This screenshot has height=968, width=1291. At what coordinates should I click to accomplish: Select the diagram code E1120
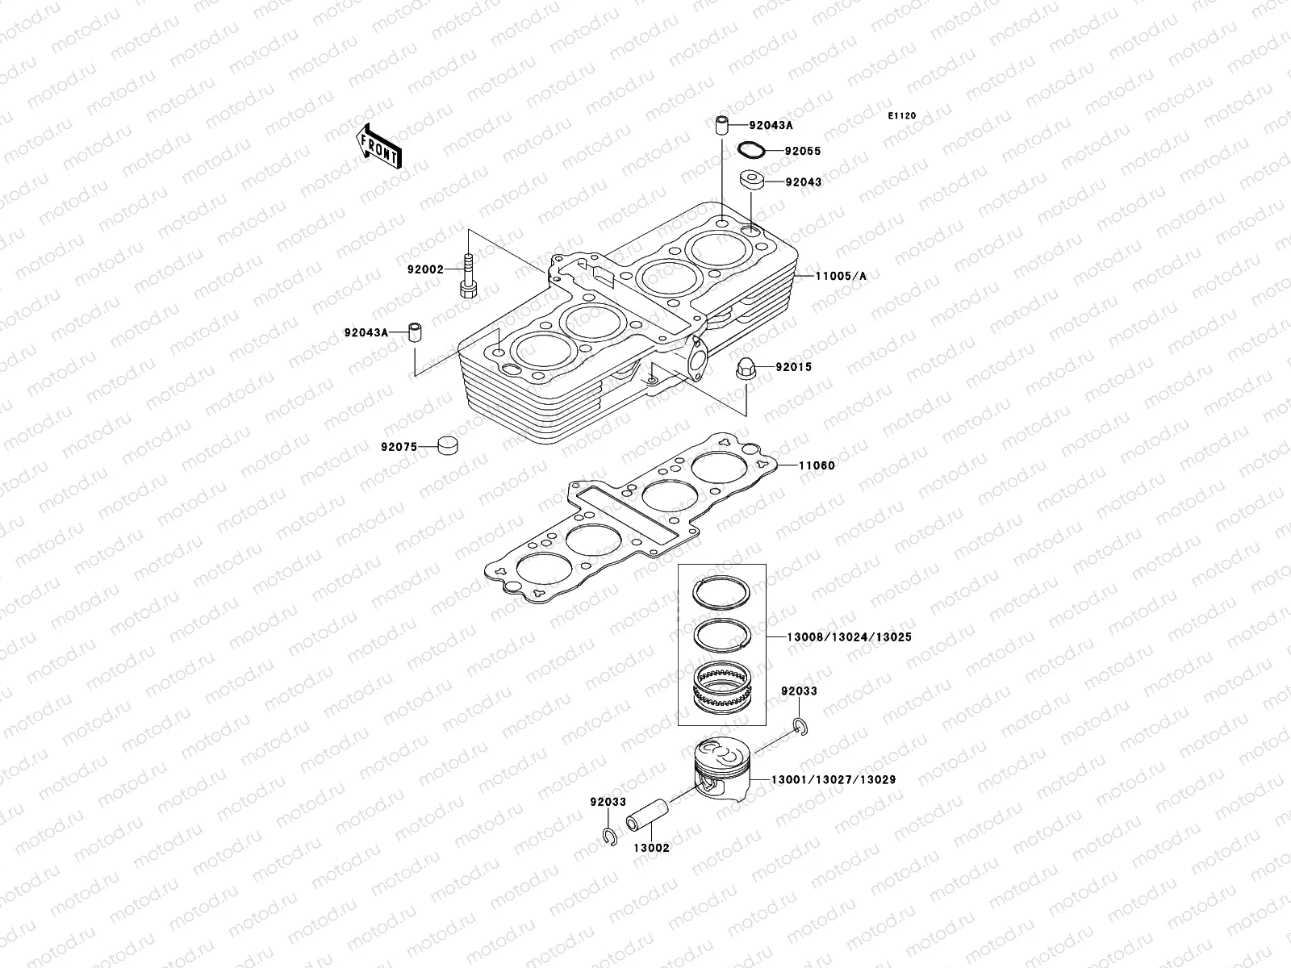point(902,116)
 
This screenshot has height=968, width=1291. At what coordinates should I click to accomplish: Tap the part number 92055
point(802,151)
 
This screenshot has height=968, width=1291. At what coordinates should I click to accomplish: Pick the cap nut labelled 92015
point(746,367)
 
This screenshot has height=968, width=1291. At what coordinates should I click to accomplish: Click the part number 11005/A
point(840,276)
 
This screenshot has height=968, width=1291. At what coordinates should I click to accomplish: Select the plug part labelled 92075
point(447,444)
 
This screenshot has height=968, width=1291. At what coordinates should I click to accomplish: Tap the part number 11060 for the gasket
point(817,465)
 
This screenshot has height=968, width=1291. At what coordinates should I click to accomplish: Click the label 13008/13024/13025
point(849,637)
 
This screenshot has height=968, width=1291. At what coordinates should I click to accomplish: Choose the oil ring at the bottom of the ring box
point(725,687)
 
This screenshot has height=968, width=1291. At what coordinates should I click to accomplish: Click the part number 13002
point(650,849)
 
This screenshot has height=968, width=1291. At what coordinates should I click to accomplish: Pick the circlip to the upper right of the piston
point(799,727)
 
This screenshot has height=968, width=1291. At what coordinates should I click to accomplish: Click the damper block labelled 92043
point(752,181)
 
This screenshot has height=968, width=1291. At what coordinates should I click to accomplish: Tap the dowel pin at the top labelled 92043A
point(721,126)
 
